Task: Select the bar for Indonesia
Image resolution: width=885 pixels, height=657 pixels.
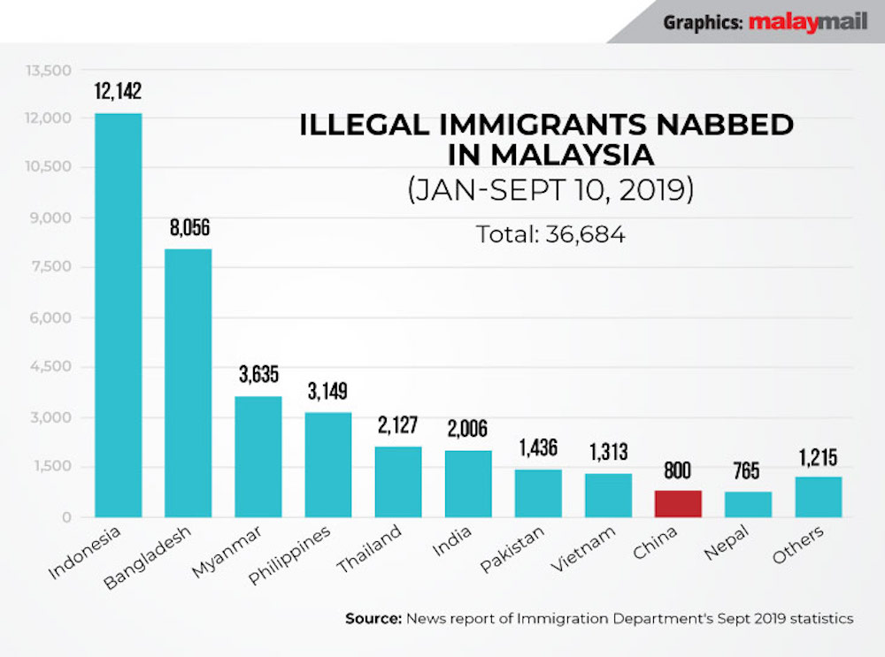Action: coord(118,315)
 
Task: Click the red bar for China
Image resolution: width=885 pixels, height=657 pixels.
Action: coord(678,503)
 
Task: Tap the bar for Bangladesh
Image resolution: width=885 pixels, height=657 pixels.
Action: coord(188,383)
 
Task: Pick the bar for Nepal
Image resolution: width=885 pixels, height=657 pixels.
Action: coord(748,504)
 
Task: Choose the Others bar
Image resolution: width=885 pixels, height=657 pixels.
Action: coord(818,497)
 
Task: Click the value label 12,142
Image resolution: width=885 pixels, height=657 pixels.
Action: coord(118,92)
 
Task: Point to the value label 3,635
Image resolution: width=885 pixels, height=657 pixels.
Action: coord(258,375)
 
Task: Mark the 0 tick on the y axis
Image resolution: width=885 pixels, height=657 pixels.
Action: coord(64,517)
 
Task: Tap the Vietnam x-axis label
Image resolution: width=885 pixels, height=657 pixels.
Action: coord(581,549)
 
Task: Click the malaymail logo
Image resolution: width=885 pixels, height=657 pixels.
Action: coord(807,22)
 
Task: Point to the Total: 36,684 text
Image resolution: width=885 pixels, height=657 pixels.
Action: coord(550,234)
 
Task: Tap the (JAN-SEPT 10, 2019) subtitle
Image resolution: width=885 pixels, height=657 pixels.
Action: coord(550,191)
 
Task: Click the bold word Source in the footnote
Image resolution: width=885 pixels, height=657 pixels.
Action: coord(373,619)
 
